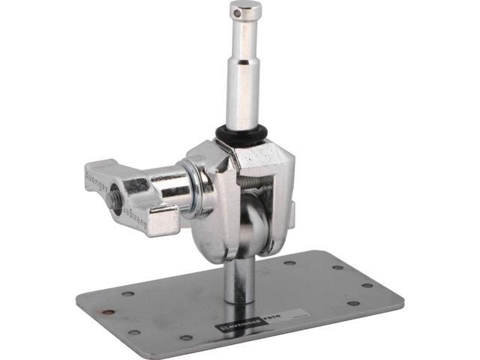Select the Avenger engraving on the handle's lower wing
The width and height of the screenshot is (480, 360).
132,218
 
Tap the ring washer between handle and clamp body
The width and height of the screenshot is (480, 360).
200,192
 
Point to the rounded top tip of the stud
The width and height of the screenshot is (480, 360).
246,4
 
